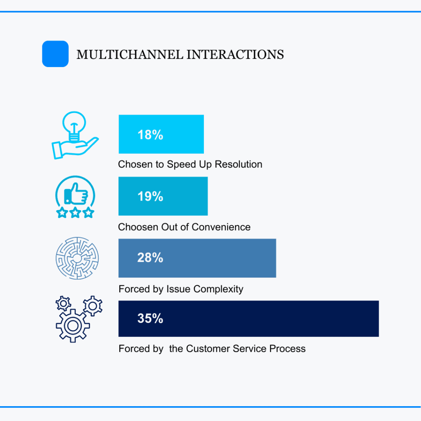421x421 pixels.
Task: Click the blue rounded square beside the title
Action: (x=56, y=54)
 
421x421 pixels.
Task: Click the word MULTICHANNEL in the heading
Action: (x=130, y=55)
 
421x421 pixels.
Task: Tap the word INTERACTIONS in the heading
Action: (x=235, y=55)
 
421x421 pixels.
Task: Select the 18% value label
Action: (x=150, y=134)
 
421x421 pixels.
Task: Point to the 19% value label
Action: (x=150, y=196)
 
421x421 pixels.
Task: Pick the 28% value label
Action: (x=150, y=257)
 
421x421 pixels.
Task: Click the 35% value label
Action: (x=150, y=319)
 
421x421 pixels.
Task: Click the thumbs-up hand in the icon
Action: (x=76, y=193)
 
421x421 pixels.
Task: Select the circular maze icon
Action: (x=77, y=258)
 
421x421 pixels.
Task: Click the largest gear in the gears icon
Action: (x=73, y=326)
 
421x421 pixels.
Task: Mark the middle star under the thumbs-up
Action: (x=75, y=213)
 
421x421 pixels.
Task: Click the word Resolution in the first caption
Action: (x=238, y=164)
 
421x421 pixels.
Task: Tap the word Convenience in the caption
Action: (x=221, y=227)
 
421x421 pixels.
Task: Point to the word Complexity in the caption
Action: (x=218, y=289)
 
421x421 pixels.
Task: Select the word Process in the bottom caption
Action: (x=287, y=349)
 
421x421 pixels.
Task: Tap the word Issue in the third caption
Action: (x=178, y=289)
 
